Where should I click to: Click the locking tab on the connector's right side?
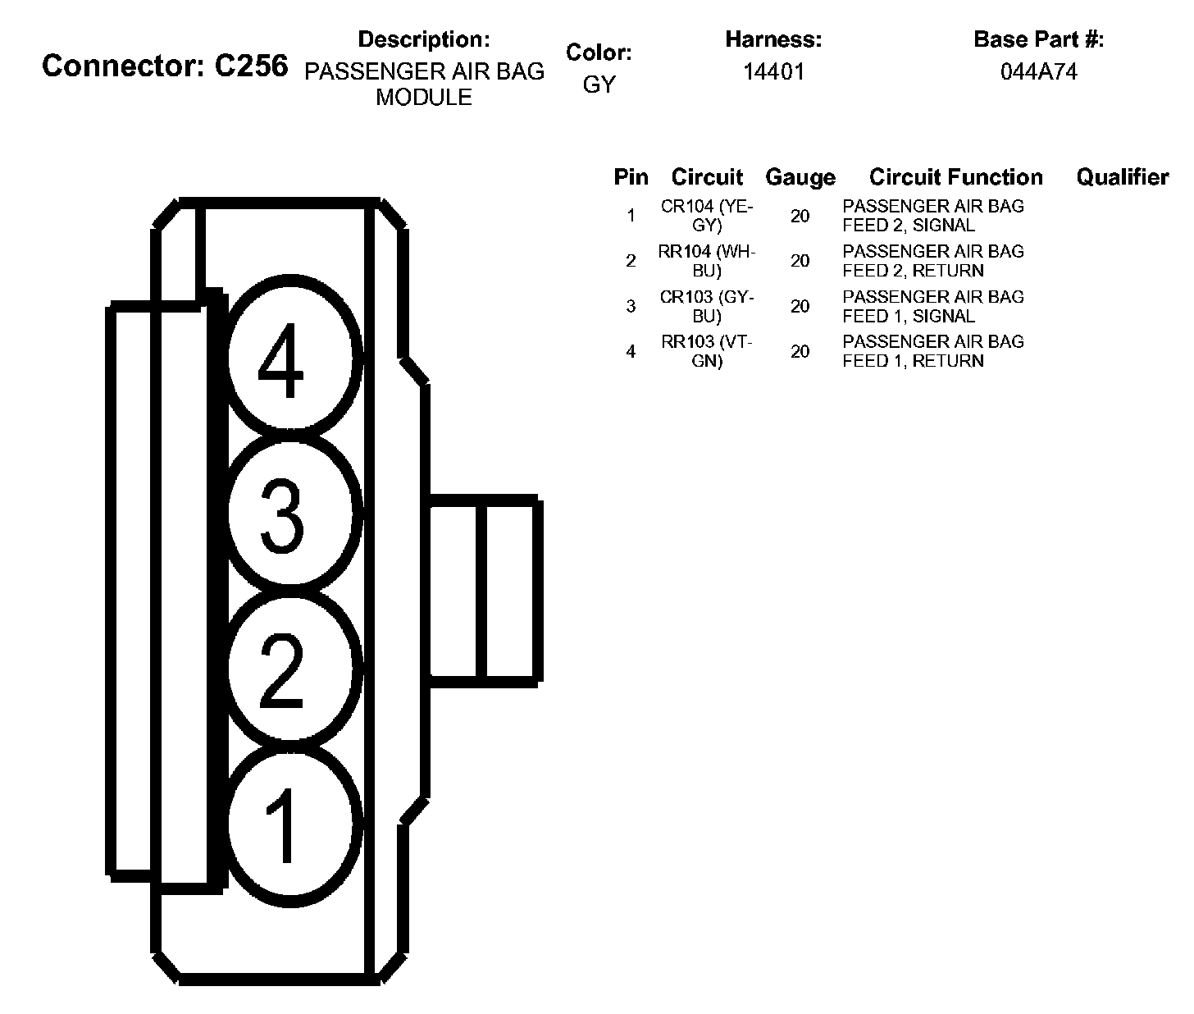484,589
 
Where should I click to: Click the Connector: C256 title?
165,66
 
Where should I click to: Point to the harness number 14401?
773,71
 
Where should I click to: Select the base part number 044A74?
1038,71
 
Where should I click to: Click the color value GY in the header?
599,84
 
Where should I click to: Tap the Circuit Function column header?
956,177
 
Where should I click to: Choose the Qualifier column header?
1122,177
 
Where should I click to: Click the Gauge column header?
800,177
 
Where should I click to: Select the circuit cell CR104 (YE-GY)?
707,216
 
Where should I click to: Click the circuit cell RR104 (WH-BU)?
707,261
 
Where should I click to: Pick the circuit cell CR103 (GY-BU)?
707,306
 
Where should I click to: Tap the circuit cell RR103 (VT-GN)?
707,351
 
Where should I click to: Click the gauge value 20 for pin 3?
800,306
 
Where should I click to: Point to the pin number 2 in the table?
631,261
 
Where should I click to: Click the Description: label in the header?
424,39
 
